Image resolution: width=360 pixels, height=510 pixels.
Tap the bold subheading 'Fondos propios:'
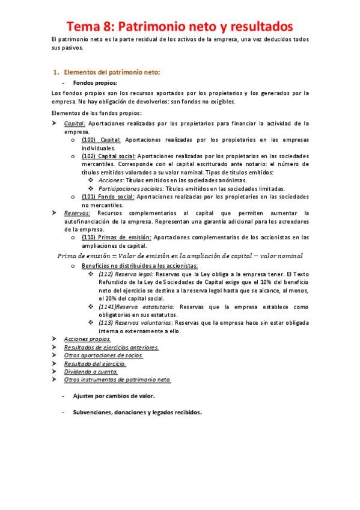(x=95, y=83)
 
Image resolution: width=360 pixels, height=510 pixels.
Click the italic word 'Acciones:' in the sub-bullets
(x=111, y=180)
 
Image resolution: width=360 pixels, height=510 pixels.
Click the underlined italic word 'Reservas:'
(x=78, y=213)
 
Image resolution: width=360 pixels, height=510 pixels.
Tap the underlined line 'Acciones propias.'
(x=87, y=339)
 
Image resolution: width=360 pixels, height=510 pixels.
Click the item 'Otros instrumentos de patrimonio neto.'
(x=117, y=379)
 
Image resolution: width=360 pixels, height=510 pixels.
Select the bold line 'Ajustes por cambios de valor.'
(x=114, y=396)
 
